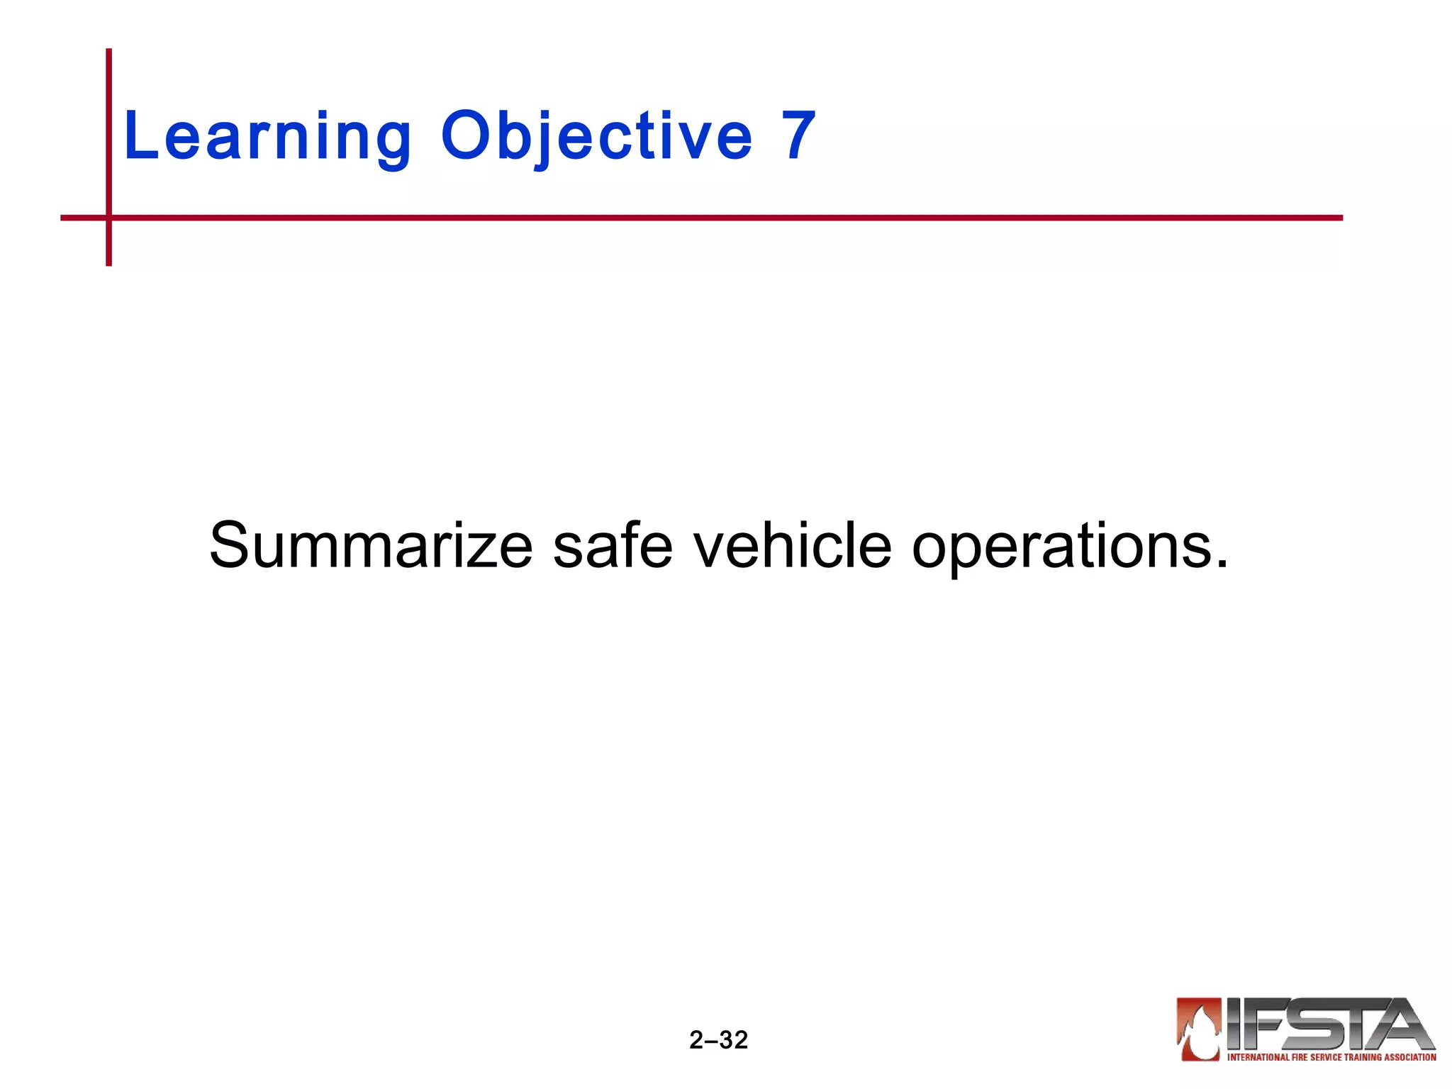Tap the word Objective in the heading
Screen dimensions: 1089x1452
[596, 136]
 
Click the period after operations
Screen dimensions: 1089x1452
[1221, 564]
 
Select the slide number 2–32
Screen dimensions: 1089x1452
[718, 1040]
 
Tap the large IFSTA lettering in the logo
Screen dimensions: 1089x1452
[1329, 1024]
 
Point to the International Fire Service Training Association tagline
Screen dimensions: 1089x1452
[1331, 1057]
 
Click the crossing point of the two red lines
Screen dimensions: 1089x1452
[108, 218]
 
